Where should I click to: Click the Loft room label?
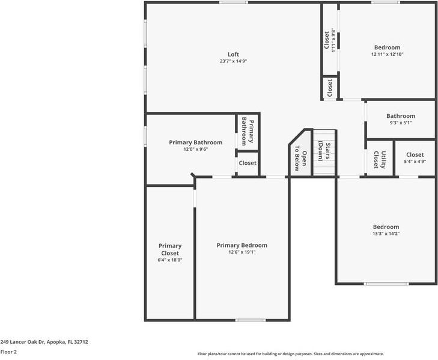point(233,55)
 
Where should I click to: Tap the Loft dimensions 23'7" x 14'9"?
point(233,61)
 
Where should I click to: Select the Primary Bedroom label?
point(242,245)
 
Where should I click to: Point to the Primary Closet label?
point(170,249)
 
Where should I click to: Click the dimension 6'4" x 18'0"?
point(170,260)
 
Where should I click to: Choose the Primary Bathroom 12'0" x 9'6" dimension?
point(195,149)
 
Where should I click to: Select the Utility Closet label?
point(380,159)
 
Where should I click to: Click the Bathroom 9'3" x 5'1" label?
point(400,119)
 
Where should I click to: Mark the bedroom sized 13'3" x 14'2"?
point(386,230)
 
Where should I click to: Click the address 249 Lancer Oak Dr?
point(44,341)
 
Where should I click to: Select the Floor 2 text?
point(8,352)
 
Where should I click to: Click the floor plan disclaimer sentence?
point(290,354)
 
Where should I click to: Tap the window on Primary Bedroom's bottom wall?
point(251,320)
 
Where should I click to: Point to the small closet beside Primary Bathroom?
point(248,163)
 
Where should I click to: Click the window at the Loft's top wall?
point(234,2)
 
